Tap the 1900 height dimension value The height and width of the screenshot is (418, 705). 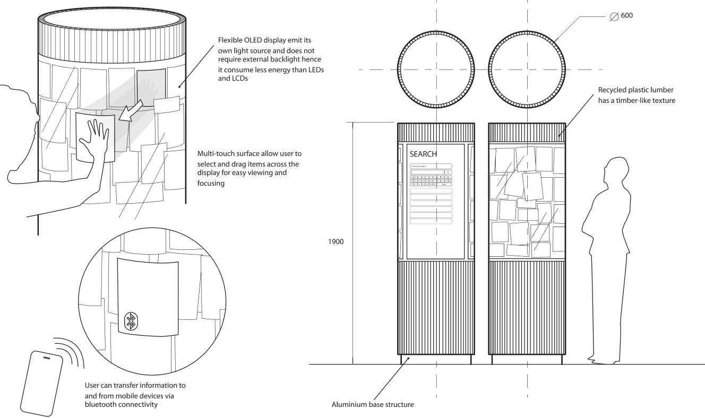point(336,242)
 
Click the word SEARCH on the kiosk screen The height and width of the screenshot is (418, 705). point(423,154)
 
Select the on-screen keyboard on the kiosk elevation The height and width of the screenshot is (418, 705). point(431,179)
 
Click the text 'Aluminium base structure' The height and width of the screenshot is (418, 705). point(373,405)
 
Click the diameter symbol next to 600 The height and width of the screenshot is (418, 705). point(613,16)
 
